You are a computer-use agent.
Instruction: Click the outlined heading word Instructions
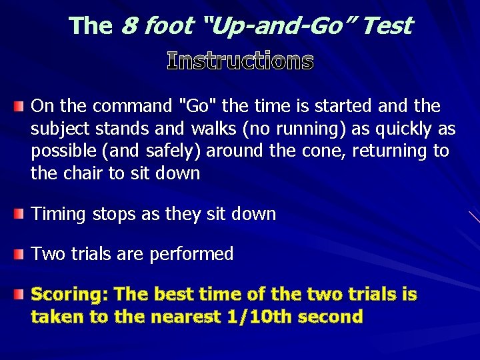click(240, 61)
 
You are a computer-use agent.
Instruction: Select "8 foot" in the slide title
click(154, 26)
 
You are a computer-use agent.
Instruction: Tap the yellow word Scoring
click(69, 295)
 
